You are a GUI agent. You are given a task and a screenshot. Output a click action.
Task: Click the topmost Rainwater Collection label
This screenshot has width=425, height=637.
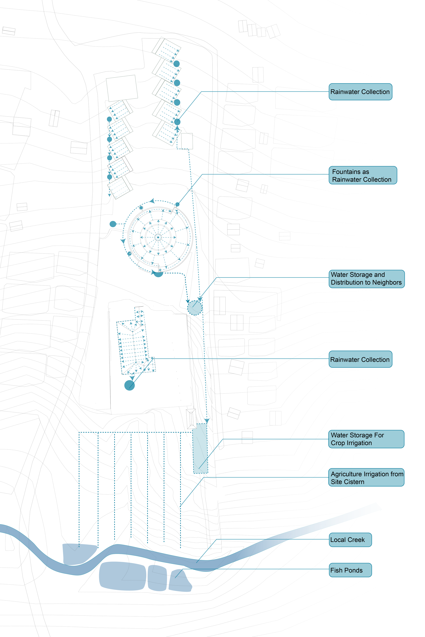pos(360,92)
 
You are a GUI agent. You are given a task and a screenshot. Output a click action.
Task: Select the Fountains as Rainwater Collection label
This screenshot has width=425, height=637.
pos(363,176)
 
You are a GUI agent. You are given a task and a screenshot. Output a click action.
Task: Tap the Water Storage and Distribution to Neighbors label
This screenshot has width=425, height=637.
pos(367,279)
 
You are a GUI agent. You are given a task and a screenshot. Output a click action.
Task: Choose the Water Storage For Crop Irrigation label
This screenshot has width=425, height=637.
pos(366,439)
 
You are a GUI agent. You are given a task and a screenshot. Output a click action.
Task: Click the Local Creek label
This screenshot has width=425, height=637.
pos(350,540)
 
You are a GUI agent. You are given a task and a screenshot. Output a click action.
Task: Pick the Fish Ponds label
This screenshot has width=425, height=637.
pos(350,570)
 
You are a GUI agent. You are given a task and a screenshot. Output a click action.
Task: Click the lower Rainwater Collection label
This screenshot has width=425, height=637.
pos(360,359)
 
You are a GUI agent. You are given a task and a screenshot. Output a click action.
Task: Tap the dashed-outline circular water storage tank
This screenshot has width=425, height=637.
pos(195,308)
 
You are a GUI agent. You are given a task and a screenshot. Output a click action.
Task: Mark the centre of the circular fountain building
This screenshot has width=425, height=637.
pos(158,238)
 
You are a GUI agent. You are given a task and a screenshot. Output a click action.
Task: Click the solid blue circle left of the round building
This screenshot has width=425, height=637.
pos(113,224)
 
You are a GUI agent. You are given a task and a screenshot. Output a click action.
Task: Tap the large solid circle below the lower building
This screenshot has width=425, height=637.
pos(129,385)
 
